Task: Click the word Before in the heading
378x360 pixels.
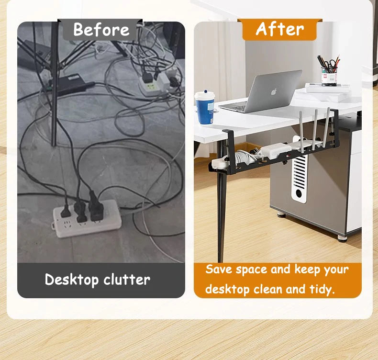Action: [x=101, y=30]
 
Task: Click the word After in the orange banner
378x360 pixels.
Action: [x=279, y=29]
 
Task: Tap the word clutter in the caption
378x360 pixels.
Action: [x=125, y=280]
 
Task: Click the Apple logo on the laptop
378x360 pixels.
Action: [x=274, y=91]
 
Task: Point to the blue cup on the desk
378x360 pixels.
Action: [x=204, y=108]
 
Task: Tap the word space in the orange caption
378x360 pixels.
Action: [x=252, y=270]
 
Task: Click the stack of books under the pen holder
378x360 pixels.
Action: [x=327, y=89]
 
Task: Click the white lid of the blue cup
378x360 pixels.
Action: [x=204, y=95]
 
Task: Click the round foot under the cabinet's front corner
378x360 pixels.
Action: [x=342, y=237]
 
